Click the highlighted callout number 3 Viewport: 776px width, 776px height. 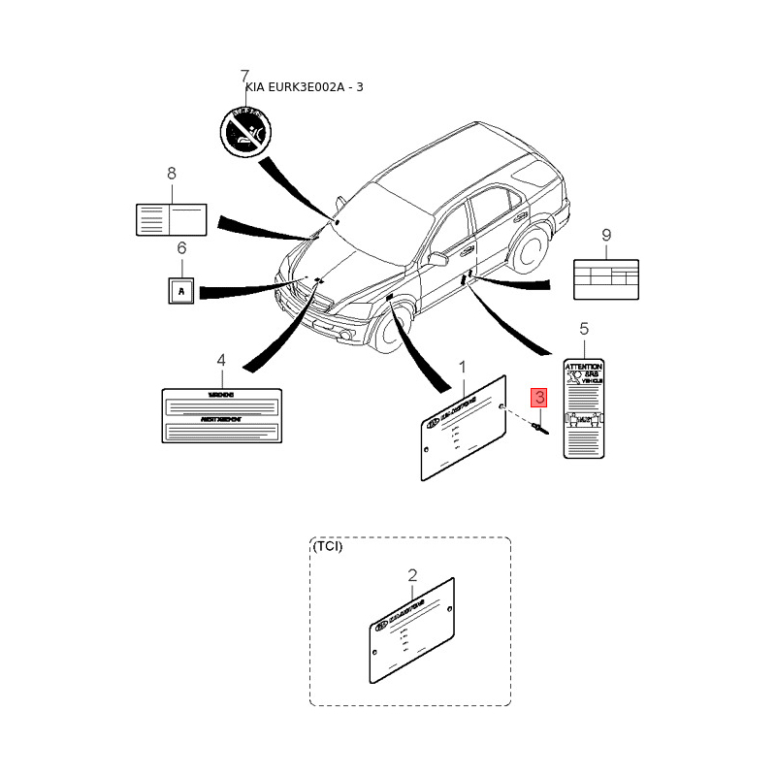click(537, 397)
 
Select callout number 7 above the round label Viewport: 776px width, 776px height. click(244, 76)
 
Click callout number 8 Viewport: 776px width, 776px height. click(172, 174)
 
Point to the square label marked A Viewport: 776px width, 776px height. click(180, 289)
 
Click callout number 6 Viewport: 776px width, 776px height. click(180, 249)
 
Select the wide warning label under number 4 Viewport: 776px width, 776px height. click(221, 414)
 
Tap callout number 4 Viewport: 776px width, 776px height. click(221, 360)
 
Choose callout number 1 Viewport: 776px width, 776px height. click(463, 367)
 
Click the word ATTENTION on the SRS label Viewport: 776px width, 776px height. click(584, 367)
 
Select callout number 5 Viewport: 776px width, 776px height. click(584, 329)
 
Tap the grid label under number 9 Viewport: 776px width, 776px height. click(606, 278)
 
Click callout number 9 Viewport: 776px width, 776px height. click(606, 235)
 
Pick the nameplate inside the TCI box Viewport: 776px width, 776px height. click(411, 629)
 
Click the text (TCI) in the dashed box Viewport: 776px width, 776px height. click(327, 546)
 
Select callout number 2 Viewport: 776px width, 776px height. click(412, 574)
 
